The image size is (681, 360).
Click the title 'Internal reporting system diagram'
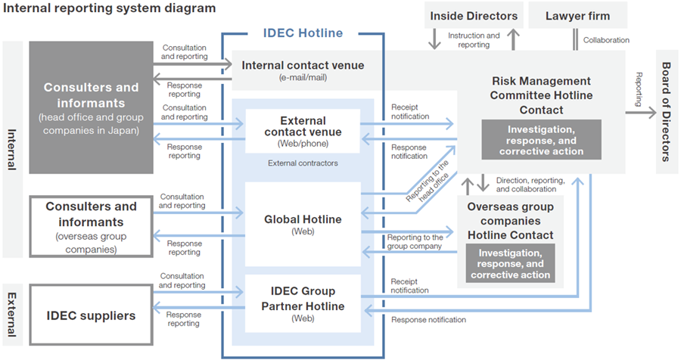coord(110,8)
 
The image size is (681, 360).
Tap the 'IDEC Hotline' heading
coord(303,33)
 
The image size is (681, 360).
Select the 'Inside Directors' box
coord(474,16)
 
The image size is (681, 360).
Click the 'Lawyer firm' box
coord(577,16)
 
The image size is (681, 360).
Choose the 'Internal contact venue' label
coord(303,65)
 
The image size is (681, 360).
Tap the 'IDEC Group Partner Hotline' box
coord(303,303)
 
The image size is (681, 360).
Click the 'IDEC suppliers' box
coord(91,315)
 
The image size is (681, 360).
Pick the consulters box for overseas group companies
coord(91,226)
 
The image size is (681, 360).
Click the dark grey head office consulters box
coord(91,105)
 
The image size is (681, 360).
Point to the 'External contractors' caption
coord(302,163)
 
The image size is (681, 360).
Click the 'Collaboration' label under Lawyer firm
coord(606,40)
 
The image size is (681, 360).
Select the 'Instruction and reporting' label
coord(474,40)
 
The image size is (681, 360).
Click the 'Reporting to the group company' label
coord(415,242)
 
